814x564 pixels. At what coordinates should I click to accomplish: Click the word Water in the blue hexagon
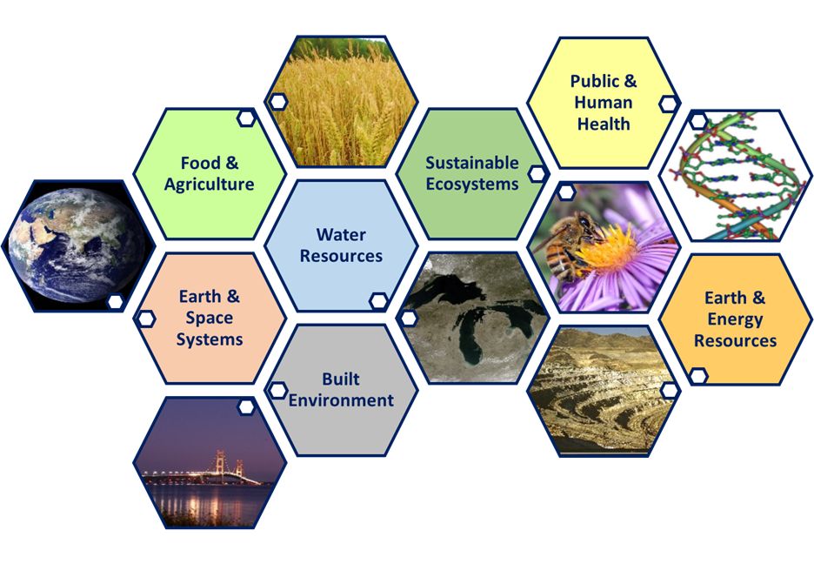point(341,234)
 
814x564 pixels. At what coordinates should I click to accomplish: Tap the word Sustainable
point(472,163)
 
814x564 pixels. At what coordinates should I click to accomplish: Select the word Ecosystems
point(472,185)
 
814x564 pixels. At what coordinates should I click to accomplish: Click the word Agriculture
point(210,185)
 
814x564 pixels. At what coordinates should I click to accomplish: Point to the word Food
point(200,163)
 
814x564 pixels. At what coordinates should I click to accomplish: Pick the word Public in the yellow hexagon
point(594,81)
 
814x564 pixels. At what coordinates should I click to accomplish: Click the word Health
point(604,124)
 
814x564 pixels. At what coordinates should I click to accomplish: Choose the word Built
point(341,379)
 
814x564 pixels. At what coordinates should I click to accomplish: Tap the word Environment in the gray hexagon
point(341,400)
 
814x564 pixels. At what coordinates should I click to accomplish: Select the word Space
point(210,318)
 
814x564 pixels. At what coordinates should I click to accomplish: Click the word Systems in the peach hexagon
point(210,339)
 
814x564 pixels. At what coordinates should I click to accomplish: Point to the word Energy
point(735,319)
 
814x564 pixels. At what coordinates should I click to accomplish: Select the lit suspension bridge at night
point(208,472)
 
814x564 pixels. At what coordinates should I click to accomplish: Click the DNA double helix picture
point(735,175)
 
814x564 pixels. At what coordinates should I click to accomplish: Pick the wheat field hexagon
point(341,101)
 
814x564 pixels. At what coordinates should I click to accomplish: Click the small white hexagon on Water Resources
point(378,300)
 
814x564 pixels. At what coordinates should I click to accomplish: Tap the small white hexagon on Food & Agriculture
point(246,118)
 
